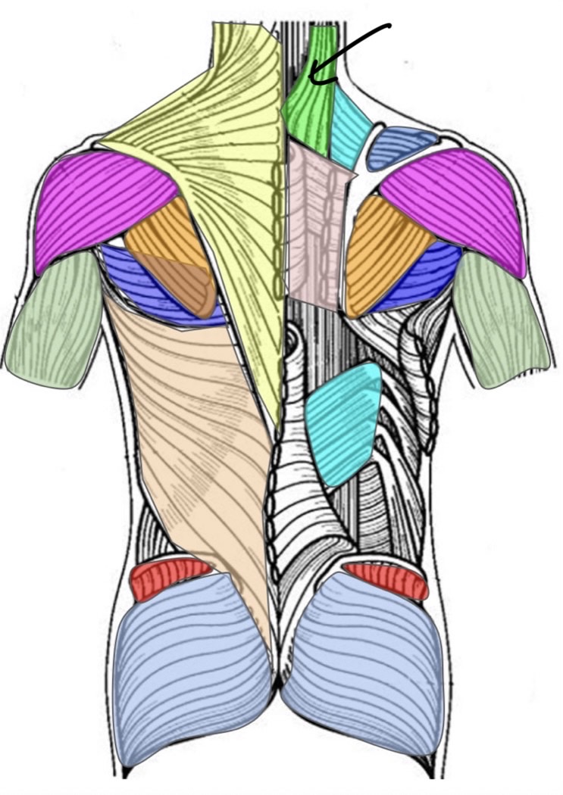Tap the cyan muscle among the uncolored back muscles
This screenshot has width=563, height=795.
[345, 424]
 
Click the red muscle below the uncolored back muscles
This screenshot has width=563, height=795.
[386, 578]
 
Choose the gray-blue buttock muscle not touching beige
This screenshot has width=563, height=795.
[364, 666]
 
